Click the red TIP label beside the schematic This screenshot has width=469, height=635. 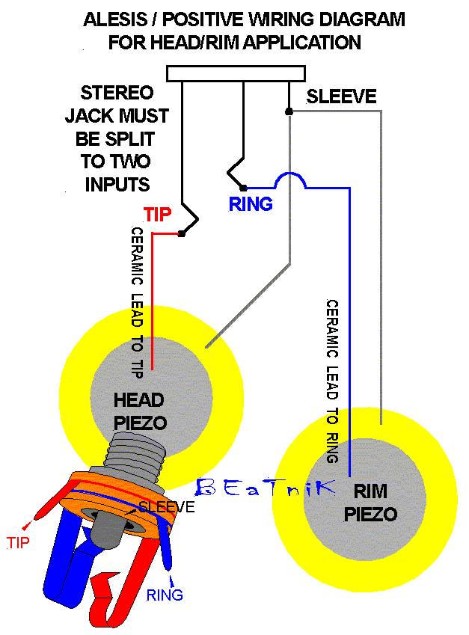158,215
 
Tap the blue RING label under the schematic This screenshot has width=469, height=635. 251,203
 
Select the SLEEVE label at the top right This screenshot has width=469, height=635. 342,96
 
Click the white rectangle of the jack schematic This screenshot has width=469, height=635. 236,73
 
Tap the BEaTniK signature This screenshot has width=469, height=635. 266,488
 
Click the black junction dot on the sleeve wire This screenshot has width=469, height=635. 289,111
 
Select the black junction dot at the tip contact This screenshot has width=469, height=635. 181,234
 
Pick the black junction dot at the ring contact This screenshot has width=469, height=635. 244,187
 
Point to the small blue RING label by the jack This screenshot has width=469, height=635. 165,595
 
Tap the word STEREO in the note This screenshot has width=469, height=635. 117,94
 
